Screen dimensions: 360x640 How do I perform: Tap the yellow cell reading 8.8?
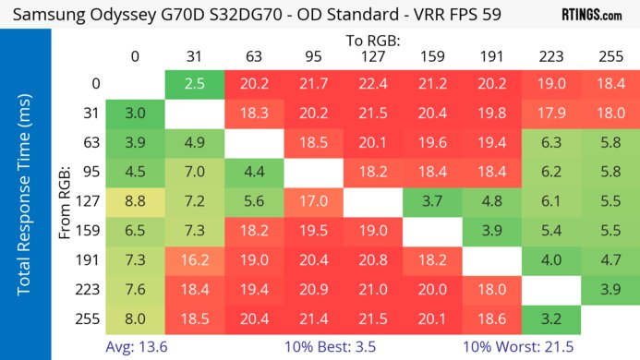pos(135,199)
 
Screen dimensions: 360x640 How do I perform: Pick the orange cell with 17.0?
pos(312,199)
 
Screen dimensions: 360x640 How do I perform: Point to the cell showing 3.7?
pos(430,199)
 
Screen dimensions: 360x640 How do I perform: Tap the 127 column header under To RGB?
pos(371,57)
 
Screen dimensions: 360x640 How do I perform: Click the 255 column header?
pos(608,57)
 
